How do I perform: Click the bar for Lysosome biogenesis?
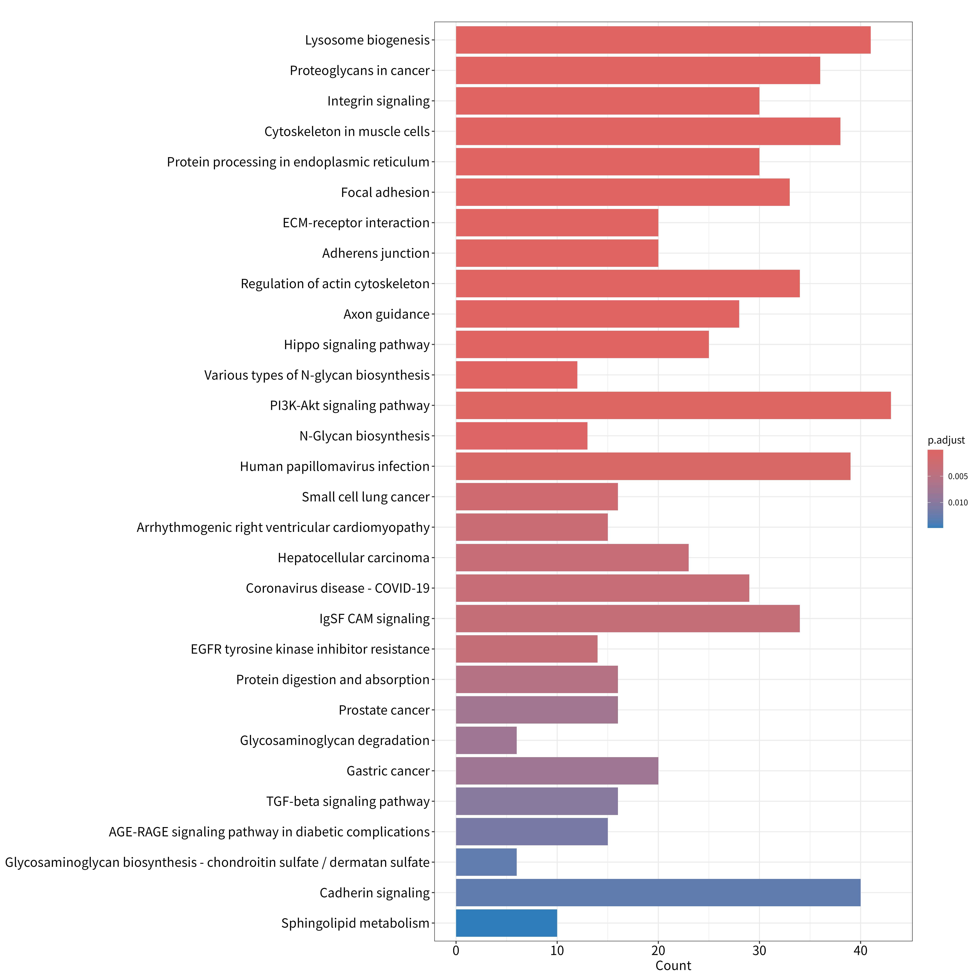[x=663, y=40]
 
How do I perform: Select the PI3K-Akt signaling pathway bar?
[x=673, y=406]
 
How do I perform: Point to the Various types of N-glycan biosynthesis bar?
[x=516, y=375]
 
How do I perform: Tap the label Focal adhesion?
[x=385, y=192]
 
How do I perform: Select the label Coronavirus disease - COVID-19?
[x=338, y=588]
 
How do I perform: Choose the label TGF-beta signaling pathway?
[x=348, y=801]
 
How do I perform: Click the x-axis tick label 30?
[x=759, y=951]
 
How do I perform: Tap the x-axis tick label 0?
[x=456, y=951]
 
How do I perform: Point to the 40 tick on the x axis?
[x=861, y=951]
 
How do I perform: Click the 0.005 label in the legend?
[x=958, y=476]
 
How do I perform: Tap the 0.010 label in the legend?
[x=958, y=503]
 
